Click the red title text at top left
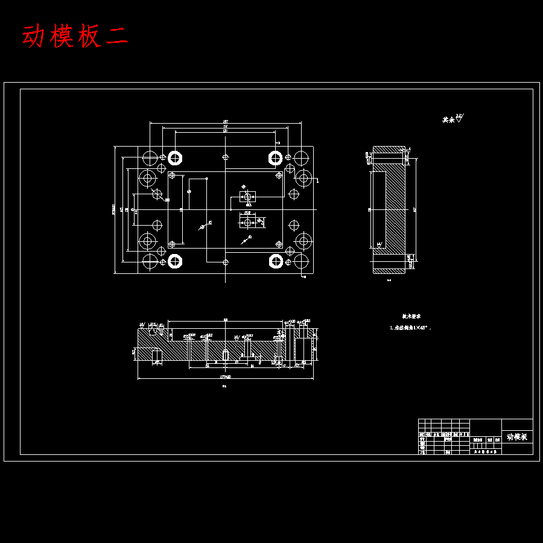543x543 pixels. pos(75,37)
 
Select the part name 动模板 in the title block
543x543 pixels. pos(516,437)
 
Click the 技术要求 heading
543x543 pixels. pos(411,316)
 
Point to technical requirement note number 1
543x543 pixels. pos(410,328)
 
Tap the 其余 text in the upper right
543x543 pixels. pos(448,120)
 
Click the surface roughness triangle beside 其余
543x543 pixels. pos(459,119)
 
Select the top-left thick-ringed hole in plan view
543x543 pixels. pos(175,158)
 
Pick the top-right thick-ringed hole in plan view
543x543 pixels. pos(276,158)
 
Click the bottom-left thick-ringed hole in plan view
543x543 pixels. pos(175,261)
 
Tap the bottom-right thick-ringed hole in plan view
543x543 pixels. pos(276,261)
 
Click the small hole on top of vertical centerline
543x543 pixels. pos(225,157)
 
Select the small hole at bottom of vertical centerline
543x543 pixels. pos(225,262)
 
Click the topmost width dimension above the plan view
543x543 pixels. pos(225,122)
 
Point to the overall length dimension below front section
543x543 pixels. pos(225,378)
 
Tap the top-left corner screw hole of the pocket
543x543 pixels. pos(172,176)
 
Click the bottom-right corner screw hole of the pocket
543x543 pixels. pos(279,244)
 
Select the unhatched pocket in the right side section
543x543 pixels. pos(377,209)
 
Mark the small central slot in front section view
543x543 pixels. pos(225,355)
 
